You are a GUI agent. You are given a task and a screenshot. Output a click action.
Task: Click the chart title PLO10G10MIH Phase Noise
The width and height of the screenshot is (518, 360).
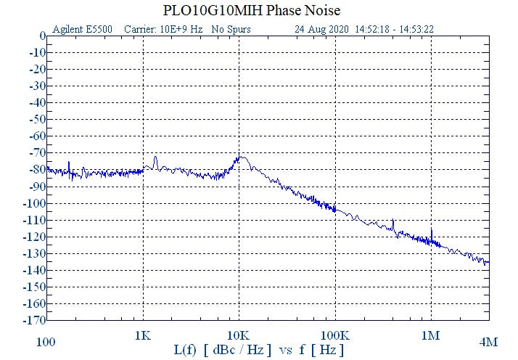[x=259, y=11]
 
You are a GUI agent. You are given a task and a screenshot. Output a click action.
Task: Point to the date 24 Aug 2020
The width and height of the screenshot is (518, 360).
[x=322, y=30]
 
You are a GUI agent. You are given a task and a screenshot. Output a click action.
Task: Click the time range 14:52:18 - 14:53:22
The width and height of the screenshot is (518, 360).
[x=395, y=30]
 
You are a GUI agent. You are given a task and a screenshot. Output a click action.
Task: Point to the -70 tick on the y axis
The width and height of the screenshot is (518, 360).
[x=36, y=152]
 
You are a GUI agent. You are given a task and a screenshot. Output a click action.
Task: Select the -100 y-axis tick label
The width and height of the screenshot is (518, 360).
[x=34, y=202]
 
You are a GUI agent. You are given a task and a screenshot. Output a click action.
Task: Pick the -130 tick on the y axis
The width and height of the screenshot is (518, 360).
[x=34, y=253]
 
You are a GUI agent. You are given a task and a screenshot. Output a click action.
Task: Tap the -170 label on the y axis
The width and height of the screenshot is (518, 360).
[x=34, y=319]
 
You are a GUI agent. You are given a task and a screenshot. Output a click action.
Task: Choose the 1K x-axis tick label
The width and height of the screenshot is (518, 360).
[x=143, y=337]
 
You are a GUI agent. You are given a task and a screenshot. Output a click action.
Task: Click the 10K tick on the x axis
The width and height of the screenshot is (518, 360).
[x=239, y=337]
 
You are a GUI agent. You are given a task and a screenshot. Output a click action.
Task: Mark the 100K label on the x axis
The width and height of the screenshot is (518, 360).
[x=334, y=337]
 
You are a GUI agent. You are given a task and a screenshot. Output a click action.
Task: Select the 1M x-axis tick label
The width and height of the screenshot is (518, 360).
[x=431, y=337]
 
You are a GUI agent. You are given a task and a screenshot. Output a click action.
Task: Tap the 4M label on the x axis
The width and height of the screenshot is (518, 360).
[x=488, y=341]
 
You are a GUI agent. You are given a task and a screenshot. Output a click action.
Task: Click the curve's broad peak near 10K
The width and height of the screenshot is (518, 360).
[x=241, y=157]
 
